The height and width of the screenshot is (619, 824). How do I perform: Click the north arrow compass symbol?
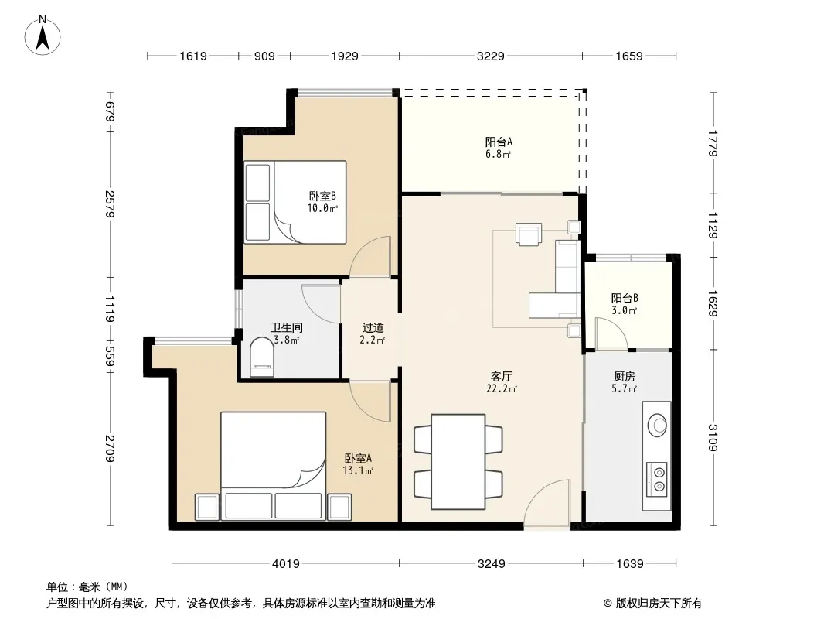43,36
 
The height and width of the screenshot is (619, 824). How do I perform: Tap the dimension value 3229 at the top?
490,56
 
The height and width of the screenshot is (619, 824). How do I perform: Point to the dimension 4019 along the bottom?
285,564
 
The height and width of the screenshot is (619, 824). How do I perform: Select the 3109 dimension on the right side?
713,438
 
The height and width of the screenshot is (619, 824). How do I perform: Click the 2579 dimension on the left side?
110,203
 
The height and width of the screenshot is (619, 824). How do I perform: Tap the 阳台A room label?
498,142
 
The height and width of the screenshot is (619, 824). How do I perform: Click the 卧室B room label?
322,197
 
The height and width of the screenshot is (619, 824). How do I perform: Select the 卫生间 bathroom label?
287,327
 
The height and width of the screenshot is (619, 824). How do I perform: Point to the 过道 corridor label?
373,328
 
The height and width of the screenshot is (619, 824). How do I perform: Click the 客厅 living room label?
502,377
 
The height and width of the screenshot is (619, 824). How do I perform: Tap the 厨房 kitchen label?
625,377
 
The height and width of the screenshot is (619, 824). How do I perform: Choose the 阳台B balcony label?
625,298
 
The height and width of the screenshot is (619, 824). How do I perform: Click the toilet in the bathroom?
262,357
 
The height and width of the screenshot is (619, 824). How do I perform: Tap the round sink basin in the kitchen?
657,425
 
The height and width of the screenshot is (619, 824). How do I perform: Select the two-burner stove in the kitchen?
656,479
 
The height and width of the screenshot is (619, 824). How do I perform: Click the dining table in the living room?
458,462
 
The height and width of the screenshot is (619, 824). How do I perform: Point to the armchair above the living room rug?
529,234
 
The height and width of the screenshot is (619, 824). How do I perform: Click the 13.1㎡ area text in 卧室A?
358,470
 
